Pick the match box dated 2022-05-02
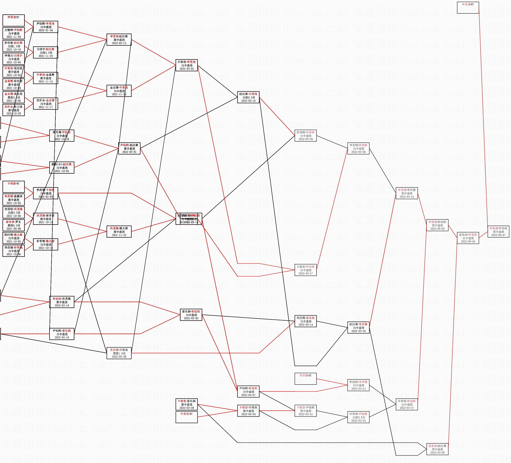(x=437, y=225)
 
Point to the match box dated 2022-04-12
(x=407, y=193)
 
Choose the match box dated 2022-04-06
(x=358, y=148)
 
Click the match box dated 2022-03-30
(x=305, y=135)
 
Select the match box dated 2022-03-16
(x=248, y=97)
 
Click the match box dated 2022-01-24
(x=46, y=27)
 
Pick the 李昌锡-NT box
(x=305, y=379)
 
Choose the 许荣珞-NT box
(x=187, y=417)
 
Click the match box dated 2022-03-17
(x=305, y=270)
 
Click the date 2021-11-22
(x=119, y=235)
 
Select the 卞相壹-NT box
(x=14, y=187)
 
